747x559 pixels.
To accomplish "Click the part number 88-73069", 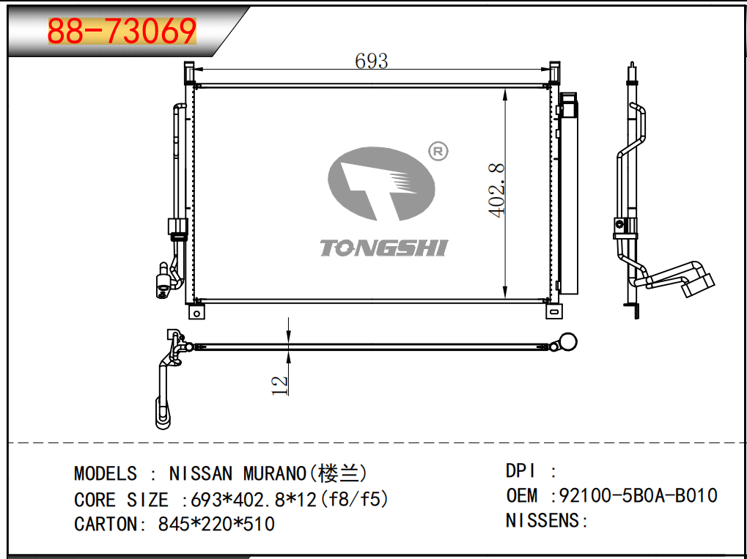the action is [122, 31].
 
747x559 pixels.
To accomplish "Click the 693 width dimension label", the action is [372, 61].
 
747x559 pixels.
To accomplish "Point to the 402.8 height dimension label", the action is [497, 190].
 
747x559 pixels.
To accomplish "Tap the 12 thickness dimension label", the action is [280, 385].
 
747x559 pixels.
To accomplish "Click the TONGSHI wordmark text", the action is [383, 248].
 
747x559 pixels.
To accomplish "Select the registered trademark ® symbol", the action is [438, 152].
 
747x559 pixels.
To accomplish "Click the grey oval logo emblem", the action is [381, 184].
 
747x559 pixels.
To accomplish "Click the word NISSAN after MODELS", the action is [201, 473].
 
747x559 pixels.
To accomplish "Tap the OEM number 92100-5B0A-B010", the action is [638, 495].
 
